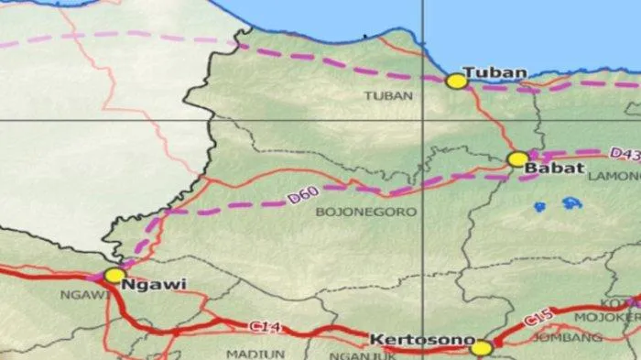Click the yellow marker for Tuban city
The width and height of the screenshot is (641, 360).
tap(457, 82)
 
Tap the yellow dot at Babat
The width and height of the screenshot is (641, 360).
tap(518, 159)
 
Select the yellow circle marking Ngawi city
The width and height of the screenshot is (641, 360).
tap(114, 275)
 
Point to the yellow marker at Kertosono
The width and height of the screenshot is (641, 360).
tap(482, 348)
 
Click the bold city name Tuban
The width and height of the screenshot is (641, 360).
tap(494, 72)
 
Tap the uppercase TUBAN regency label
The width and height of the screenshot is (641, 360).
tap(382, 95)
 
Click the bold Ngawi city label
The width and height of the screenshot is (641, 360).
tap(158, 284)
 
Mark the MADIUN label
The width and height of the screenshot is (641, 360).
tap(243, 353)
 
